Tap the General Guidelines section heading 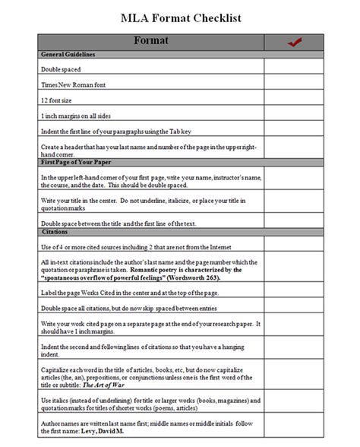[68, 55]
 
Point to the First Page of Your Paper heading [77, 162]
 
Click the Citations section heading [54, 231]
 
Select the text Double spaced [61, 68]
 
